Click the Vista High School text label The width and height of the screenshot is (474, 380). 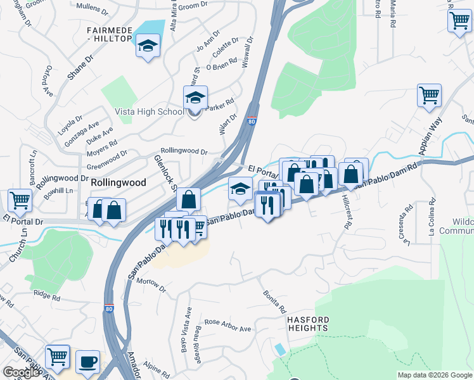click(149, 111)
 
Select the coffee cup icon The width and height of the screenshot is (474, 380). click(87, 362)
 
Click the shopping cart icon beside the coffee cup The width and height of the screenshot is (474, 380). click(58, 357)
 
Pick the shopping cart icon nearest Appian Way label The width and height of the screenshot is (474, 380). click(429, 95)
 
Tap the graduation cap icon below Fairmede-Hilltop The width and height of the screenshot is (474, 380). click(148, 46)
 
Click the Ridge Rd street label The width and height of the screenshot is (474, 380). click(47, 296)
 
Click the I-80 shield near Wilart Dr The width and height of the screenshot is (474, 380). click(252, 122)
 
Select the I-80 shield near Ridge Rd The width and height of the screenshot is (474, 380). click(110, 309)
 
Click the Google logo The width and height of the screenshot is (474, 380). click(22, 373)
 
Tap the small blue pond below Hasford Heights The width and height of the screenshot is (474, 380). click(280, 349)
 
